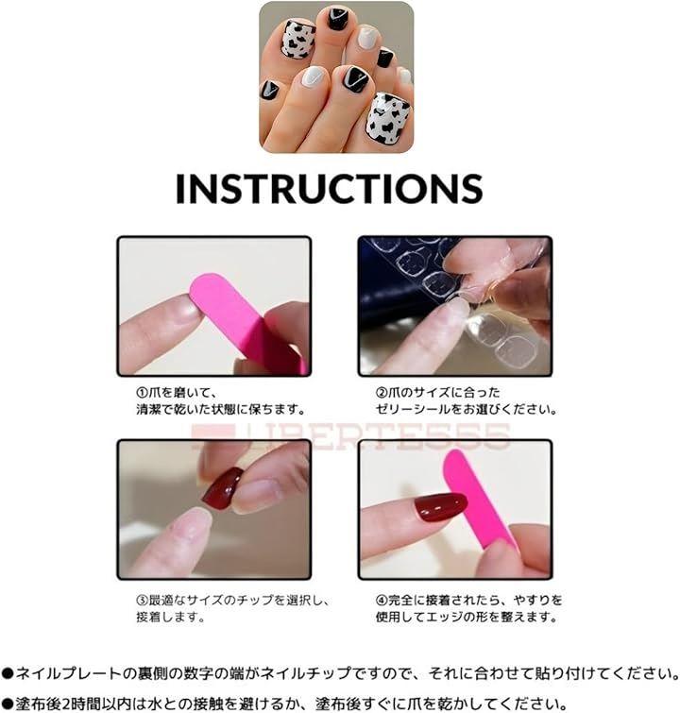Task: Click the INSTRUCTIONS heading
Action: tap(329, 188)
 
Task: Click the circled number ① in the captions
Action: tap(143, 393)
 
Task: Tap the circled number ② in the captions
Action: tap(382, 393)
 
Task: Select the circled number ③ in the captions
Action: tap(143, 601)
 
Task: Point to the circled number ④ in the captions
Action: tap(382, 601)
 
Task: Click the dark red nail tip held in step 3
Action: tap(222, 489)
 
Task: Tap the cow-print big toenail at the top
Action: tap(297, 40)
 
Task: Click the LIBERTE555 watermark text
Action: tap(350, 436)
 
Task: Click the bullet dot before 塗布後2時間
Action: tap(8, 704)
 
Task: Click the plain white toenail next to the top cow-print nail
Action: tap(366, 37)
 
